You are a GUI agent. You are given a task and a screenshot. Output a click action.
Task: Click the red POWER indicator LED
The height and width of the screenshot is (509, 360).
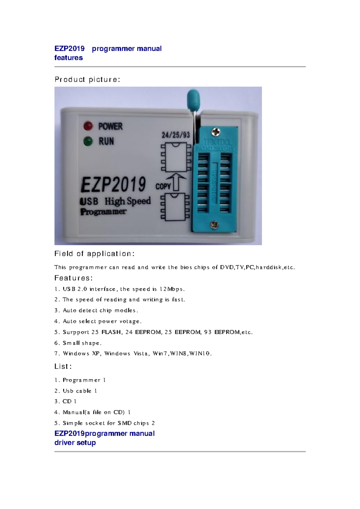pos(88,126)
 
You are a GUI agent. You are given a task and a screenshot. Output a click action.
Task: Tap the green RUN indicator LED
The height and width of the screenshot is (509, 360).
pos(88,141)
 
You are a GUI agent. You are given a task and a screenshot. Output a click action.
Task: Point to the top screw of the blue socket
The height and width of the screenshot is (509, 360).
pos(215,132)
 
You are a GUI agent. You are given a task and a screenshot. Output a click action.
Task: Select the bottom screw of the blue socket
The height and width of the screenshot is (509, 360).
pos(214,225)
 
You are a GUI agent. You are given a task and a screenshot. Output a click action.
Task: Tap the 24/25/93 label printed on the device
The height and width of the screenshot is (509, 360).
pos(176,135)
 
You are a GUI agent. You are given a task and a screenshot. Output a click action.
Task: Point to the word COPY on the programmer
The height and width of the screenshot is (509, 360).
pos(163,186)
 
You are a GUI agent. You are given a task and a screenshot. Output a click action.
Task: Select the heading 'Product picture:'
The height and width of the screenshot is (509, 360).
pos(87,79)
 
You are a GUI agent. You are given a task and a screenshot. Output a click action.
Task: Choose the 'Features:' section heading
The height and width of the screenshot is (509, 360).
pos(73,278)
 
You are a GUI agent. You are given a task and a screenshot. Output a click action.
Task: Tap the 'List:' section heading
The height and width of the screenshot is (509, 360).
pos(63,366)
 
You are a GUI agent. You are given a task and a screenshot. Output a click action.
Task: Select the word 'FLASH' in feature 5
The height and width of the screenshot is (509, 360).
pos(111,332)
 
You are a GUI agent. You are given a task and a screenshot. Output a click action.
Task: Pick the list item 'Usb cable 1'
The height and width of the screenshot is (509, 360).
pos(80,391)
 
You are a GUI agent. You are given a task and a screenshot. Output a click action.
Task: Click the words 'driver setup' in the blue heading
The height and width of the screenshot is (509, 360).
pos(75,443)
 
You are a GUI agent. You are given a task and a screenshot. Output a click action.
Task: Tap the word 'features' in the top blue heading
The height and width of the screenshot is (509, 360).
pos(68,58)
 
